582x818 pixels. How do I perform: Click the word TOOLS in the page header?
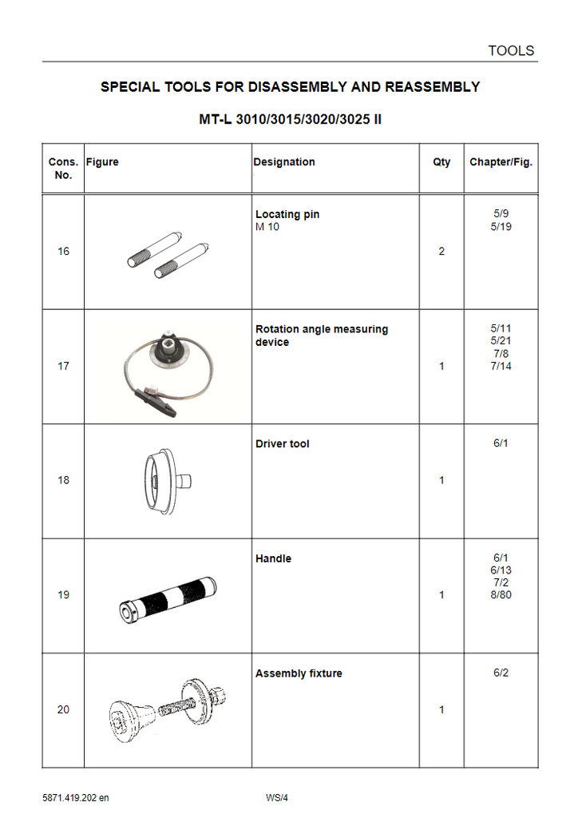511,50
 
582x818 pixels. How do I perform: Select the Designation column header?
284,162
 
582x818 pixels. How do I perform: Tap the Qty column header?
441,162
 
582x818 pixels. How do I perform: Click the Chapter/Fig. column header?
501,162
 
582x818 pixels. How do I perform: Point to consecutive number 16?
63,252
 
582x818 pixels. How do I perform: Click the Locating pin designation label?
287,214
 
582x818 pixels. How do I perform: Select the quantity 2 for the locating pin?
441,252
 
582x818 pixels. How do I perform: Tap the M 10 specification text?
267,227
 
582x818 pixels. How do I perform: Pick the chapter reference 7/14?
501,367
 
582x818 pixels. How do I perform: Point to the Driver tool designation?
283,444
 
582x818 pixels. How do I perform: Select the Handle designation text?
273,558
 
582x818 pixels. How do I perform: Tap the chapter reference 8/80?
501,596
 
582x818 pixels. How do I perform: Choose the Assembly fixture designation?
299,673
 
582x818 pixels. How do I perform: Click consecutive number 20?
63,709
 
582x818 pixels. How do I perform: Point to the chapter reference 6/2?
501,673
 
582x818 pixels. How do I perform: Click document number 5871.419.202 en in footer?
76,797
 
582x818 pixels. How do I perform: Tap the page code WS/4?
276,797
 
